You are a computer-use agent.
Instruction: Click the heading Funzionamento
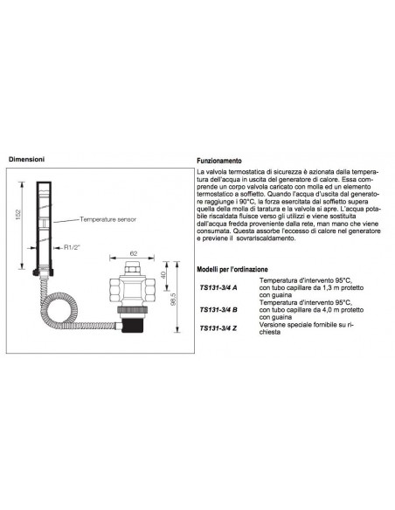pos(220,162)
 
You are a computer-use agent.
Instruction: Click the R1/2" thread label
pos(74,247)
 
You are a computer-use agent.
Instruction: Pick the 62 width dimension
pos(134,252)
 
